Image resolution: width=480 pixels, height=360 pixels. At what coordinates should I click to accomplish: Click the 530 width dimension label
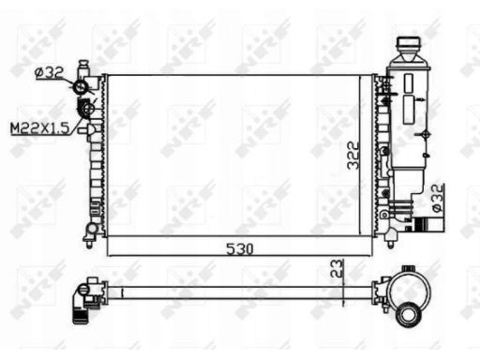tap(240, 249)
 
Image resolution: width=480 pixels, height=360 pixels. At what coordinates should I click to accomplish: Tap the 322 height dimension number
tap(353, 156)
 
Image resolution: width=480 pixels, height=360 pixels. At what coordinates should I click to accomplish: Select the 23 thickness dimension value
tap(337, 268)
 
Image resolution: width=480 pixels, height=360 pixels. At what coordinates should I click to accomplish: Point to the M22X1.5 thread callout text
tap(39, 128)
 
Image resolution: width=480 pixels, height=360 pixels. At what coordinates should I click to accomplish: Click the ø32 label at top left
tap(49, 73)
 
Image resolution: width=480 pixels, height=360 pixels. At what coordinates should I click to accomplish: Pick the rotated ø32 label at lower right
tap(438, 198)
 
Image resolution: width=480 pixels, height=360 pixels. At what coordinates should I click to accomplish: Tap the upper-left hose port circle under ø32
tap(80, 87)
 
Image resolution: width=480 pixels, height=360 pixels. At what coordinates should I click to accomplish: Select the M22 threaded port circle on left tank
tap(88, 109)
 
